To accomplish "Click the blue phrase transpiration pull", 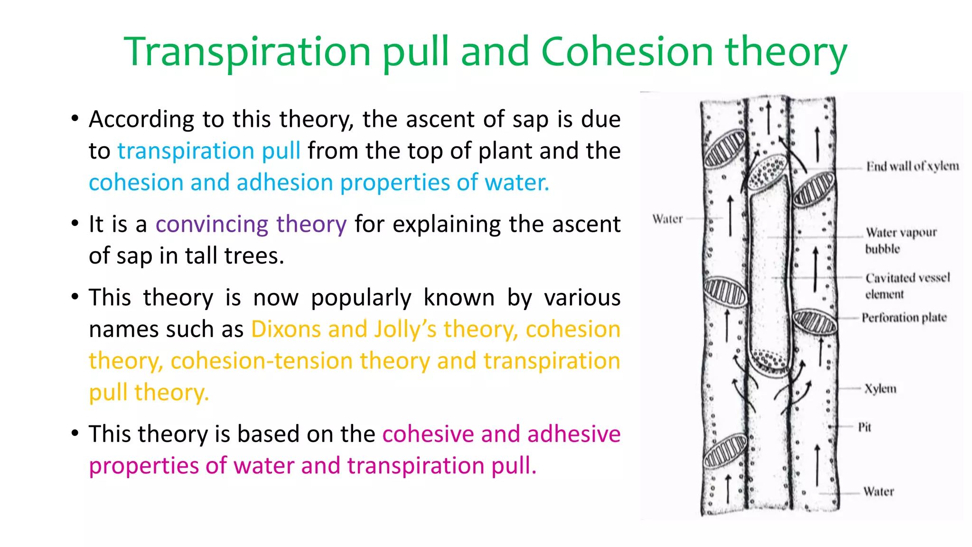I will pos(209,151).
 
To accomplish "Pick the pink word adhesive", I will pos(574,434).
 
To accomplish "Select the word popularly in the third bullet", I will pos(361,298).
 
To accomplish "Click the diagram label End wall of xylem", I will pos(912,166).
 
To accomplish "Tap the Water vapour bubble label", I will pos(900,240).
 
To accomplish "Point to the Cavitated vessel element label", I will pos(907,285).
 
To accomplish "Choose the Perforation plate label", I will pos(904,317).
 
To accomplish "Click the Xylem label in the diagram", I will pos(880,389).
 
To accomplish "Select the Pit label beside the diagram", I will pos(864,427).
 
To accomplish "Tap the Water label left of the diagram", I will pos(667,219).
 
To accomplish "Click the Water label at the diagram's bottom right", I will pos(878,491).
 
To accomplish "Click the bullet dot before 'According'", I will pos(75,118).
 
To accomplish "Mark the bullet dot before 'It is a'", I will pos(75,223).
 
